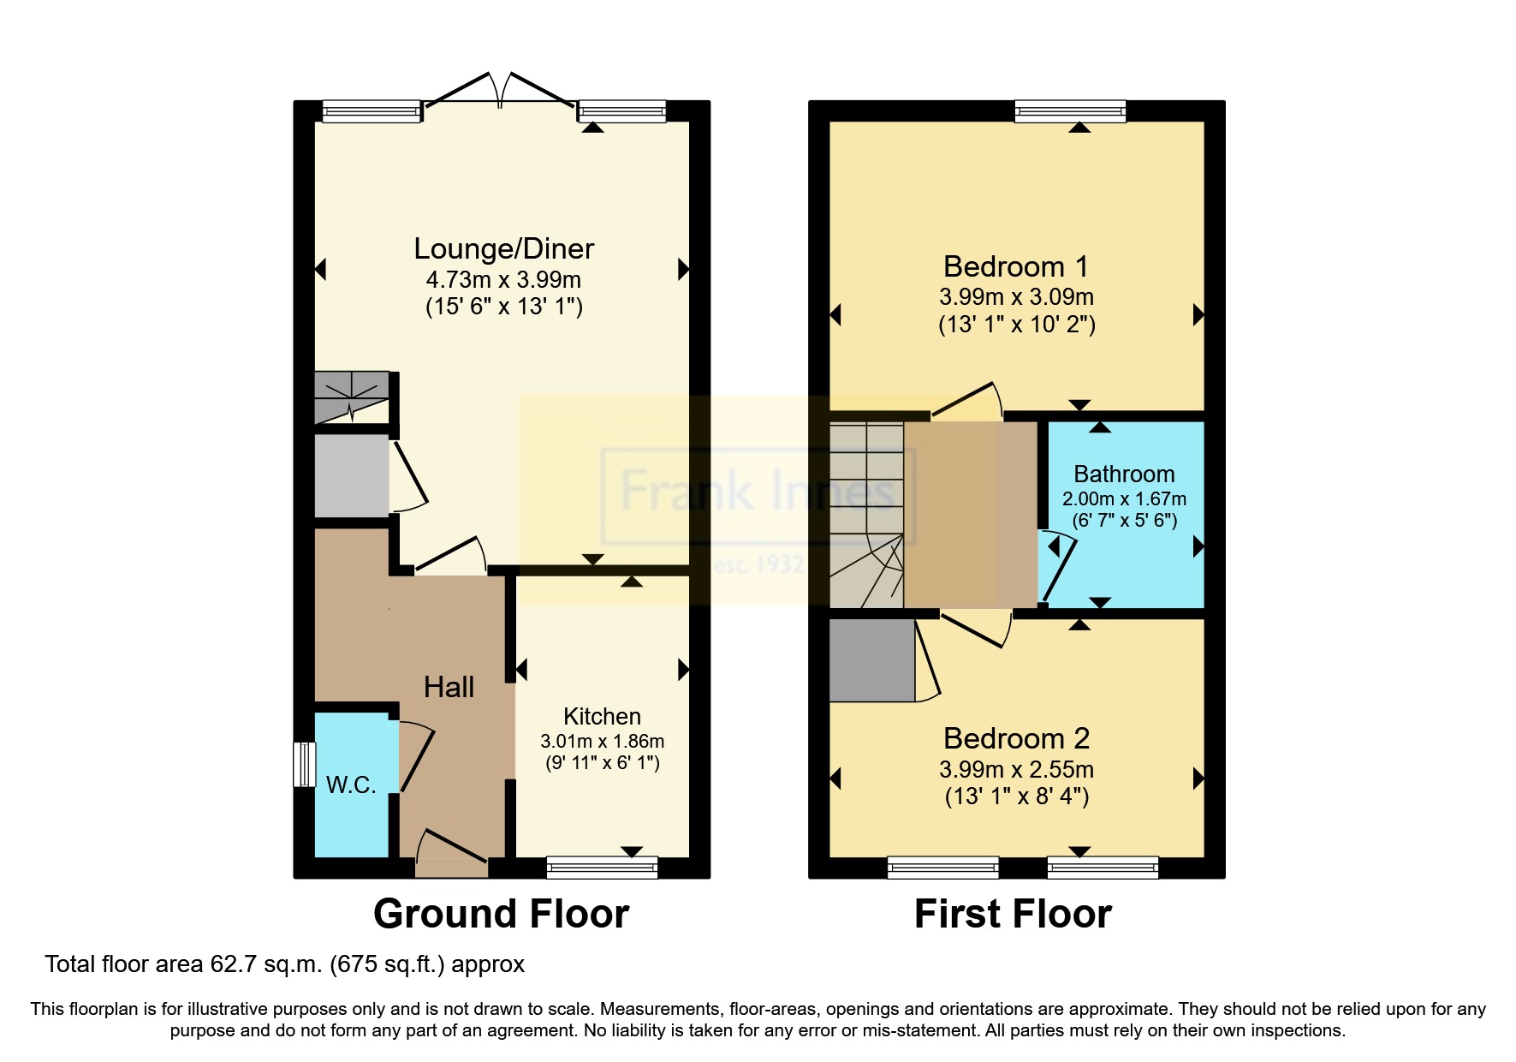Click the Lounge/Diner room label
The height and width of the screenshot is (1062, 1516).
[503, 248]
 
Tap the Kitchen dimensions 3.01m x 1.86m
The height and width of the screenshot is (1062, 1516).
[602, 741]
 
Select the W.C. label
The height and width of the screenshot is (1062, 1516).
[351, 785]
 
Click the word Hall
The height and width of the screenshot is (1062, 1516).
[449, 687]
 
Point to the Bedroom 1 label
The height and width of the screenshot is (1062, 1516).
[1016, 266]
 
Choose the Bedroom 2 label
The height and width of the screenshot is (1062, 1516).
[1017, 738]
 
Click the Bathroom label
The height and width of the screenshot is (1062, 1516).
[1124, 474]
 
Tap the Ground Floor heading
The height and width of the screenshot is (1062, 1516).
[502, 914]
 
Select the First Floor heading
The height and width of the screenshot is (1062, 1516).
[1013, 914]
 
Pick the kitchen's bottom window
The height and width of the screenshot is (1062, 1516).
[602, 868]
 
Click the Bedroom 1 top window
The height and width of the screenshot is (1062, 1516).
[1070, 111]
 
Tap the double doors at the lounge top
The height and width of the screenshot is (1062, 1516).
[500, 91]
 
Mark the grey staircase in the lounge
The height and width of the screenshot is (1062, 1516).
[352, 397]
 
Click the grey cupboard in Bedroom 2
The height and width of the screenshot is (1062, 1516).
[872, 660]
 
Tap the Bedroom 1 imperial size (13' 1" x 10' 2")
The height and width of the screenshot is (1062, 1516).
[1017, 325]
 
